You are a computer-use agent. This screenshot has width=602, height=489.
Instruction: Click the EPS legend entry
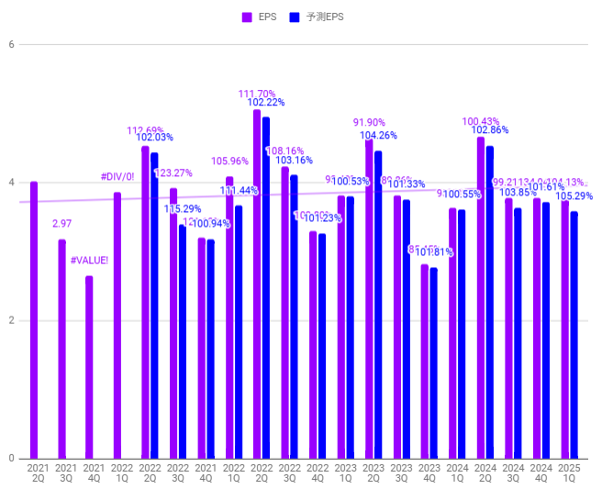click(x=266, y=17)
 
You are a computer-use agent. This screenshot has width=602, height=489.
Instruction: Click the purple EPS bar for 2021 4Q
click(x=89, y=367)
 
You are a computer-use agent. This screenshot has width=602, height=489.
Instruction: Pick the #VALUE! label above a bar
click(x=89, y=261)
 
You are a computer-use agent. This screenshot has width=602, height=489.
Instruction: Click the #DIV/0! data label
click(x=117, y=177)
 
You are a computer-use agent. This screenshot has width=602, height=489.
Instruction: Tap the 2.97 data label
click(x=62, y=224)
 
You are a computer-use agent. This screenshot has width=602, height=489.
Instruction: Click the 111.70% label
click(x=257, y=94)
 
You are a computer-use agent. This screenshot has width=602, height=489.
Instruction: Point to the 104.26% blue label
click(x=378, y=135)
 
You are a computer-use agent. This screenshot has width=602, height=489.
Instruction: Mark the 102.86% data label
click(x=490, y=130)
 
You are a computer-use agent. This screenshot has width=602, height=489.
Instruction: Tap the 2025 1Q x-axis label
click(x=570, y=473)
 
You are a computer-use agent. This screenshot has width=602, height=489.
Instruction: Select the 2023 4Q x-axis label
click(x=429, y=473)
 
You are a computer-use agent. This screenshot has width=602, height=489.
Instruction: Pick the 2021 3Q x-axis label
click(x=67, y=473)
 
